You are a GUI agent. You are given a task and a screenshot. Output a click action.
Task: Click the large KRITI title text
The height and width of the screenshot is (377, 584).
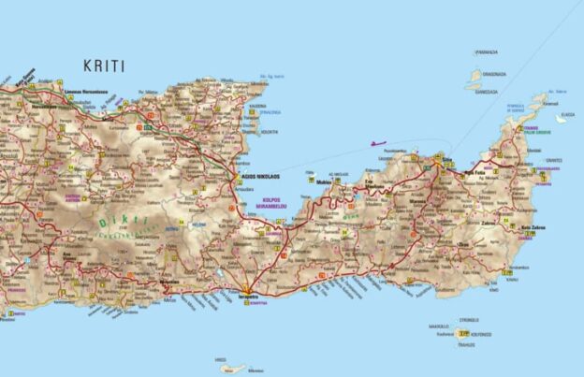pos(103,66)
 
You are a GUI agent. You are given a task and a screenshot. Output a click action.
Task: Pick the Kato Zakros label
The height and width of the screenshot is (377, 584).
pos(533,229)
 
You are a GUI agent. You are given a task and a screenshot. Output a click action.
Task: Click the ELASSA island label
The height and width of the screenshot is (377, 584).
pos(567,117)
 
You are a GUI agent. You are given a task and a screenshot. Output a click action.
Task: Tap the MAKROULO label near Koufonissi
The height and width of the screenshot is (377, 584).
pos(439,326)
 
